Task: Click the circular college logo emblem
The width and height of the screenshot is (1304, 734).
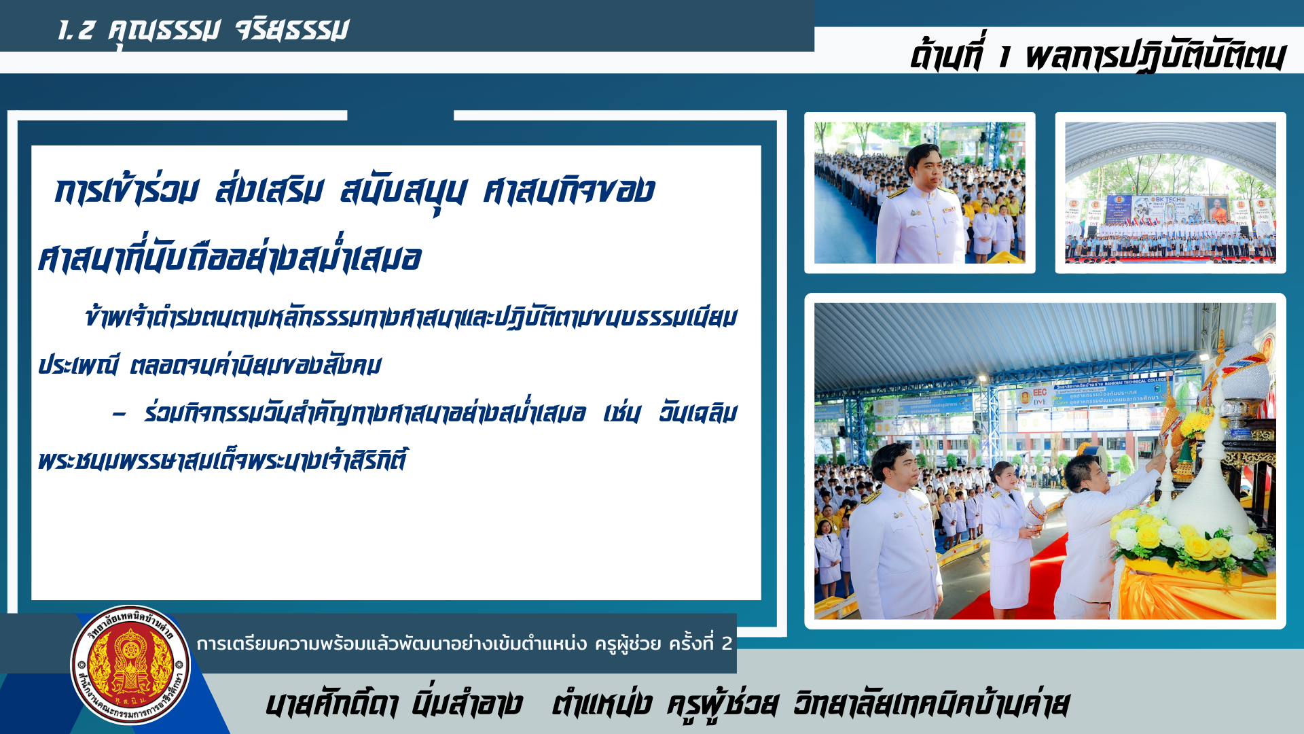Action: point(131,665)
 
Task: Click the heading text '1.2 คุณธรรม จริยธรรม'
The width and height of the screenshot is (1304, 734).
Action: point(203,30)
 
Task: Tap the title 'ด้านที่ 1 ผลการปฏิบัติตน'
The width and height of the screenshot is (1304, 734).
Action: point(1097,53)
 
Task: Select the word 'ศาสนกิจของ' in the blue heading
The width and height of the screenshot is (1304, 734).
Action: point(568,190)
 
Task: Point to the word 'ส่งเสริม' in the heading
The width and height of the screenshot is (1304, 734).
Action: point(270,190)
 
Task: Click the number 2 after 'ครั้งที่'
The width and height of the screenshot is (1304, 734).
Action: point(727,643)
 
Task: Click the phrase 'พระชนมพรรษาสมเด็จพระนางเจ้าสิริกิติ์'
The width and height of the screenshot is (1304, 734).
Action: point(223,460)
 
